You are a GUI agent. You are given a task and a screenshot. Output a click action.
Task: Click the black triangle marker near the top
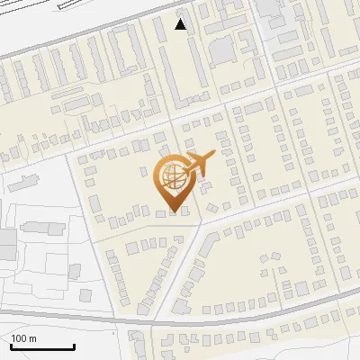click(x=181, y=24)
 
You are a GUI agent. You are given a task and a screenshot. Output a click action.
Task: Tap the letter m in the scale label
click(x=33, y=338)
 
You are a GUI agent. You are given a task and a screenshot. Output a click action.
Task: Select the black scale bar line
click(x=41, y=346)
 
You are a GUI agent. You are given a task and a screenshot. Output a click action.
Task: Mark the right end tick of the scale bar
click(x=73, y=345)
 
